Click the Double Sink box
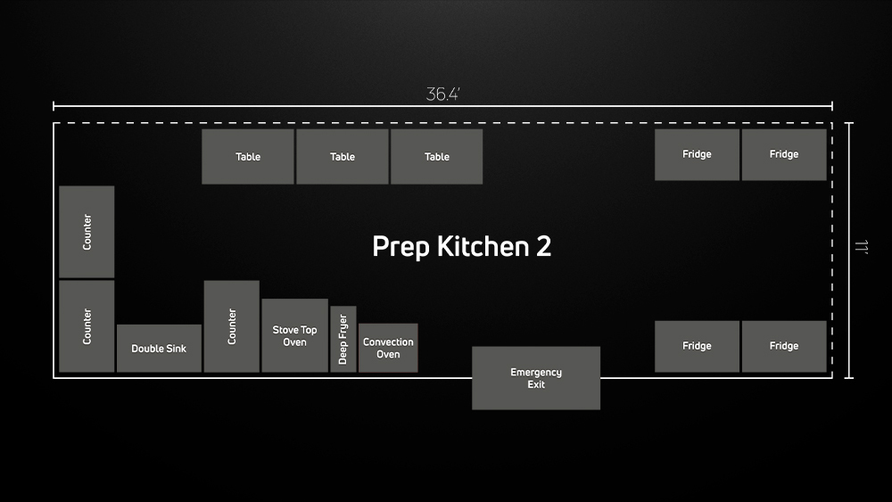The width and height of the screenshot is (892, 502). [x=159, y=349]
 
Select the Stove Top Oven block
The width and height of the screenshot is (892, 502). [x=294, y=335]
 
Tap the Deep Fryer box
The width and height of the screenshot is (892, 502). [x=343, y=340]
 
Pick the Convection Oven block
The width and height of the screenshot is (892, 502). [x=388, y=348]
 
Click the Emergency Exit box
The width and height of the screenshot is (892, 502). [x=536, y=378]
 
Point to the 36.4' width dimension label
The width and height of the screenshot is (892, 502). [x=442, y=94]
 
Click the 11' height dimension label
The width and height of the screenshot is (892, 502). [x=862, y=246]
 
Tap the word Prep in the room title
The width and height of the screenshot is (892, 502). [x=399, y=247]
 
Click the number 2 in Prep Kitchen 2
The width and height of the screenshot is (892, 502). [x=544, y=246]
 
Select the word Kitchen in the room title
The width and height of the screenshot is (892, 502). [x=483, y=246]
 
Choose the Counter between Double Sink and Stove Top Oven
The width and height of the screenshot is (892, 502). [x=232, y=326]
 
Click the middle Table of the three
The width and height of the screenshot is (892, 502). [x=343, y=156]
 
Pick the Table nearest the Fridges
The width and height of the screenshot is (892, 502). [x=436, y=156]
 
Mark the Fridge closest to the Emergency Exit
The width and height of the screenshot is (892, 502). [x=697, y=346]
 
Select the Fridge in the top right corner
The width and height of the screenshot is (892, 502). [x=784, y=154]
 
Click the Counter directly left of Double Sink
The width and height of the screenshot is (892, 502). [x=87, y=326]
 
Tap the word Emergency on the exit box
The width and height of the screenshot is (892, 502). [x=536, y=373]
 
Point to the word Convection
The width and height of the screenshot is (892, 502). [x=388, y=342]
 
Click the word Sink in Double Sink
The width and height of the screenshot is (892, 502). [x=176, y=349]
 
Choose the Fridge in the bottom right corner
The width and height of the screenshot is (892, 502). [x=784, y=346]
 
